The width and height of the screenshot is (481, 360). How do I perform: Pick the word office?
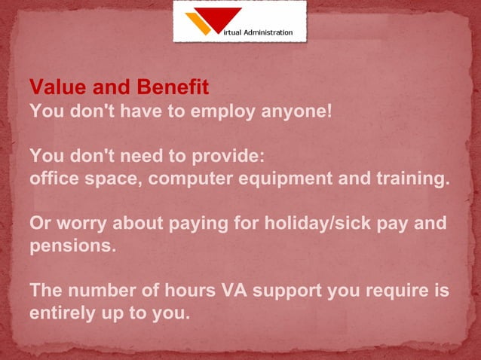click(x=52, y=180)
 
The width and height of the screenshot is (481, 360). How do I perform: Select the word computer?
click(x=190, y=180)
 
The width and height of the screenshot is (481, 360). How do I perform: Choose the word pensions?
click(x=72, y=247)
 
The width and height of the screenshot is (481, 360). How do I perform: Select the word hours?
click(x=188, y=291)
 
